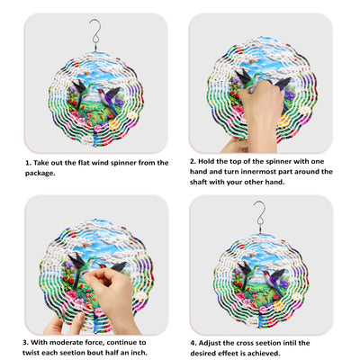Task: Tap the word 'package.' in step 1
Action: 40,174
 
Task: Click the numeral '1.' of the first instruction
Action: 28,163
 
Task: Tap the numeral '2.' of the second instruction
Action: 193,161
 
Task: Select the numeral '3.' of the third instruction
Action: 25,342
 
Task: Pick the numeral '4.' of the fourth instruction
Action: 193,343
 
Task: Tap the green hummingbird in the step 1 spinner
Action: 83,91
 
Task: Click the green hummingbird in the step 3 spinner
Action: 79,266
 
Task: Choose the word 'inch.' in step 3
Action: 139,352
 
